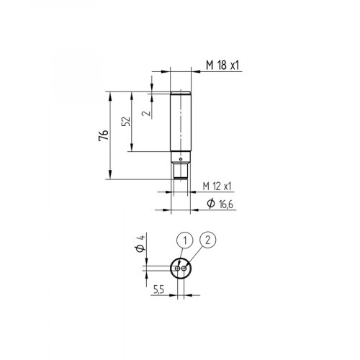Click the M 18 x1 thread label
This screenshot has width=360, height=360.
222,66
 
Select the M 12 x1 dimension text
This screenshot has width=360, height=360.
217,186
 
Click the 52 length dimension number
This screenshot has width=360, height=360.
127,122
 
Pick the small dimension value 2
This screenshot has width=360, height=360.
145,112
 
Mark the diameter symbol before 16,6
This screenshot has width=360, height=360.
210,205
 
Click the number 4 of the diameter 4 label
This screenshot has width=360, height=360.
143,238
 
